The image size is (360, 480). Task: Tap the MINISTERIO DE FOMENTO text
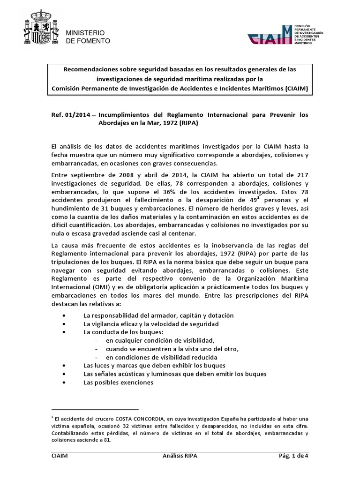[x=88, y=37]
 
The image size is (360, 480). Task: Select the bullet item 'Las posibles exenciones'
[x=118, y=382]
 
